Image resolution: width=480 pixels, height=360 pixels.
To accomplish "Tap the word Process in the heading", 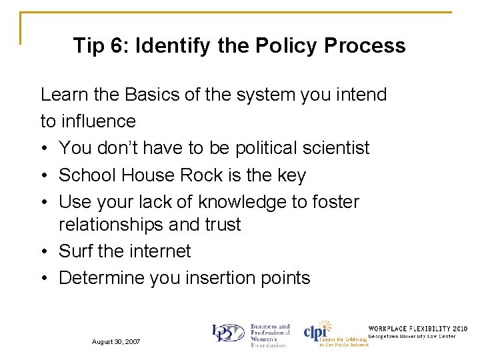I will [x=365, y=45].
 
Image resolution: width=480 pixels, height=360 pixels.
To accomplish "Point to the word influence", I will [x=97, y=121].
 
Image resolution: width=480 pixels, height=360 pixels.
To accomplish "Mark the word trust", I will [x=219, y=225].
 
